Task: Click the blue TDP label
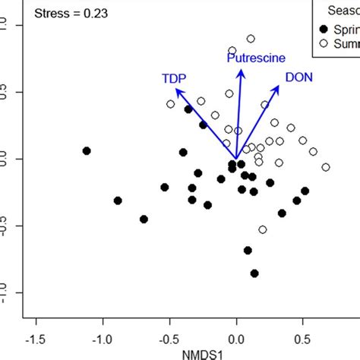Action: click(174, 78)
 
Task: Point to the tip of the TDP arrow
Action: click(176, 89)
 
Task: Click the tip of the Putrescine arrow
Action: click(241, 70)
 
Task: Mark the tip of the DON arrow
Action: click(279, 86)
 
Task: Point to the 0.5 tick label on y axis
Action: click(8, 92)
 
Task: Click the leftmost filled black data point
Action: click(87, 151)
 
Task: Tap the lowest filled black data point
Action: click(254, 273)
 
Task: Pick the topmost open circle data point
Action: click(251, 39)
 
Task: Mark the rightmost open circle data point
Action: click(326, 167)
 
